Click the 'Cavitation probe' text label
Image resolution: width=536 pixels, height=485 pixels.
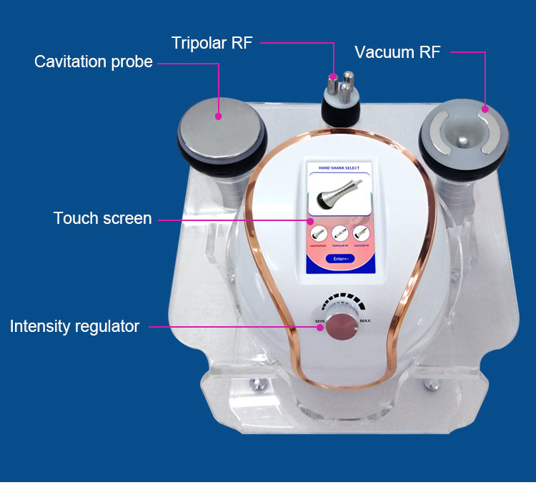[x=93, y=62]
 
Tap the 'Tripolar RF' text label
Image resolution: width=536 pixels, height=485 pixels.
[x=212, y=43]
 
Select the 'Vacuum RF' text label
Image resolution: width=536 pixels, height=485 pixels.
[x=397, y=52]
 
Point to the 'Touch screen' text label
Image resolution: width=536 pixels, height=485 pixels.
[x=102, y=219]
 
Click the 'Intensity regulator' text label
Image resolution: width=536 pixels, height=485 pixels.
[x=74, y=327]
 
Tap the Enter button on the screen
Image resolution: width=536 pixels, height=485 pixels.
[x=339, y=258]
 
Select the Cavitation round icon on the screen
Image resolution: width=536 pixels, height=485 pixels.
[x=318, y=233]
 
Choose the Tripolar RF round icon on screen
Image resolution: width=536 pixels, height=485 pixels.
[x=339, y=233]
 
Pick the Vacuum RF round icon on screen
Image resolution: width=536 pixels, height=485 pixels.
[x=361, y=233]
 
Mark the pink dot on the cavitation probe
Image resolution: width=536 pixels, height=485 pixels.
[x=219, y=115]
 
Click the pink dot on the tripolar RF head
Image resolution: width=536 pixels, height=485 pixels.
[x=333, y=75]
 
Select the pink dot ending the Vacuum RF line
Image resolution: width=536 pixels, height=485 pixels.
[x=485, y=109]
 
